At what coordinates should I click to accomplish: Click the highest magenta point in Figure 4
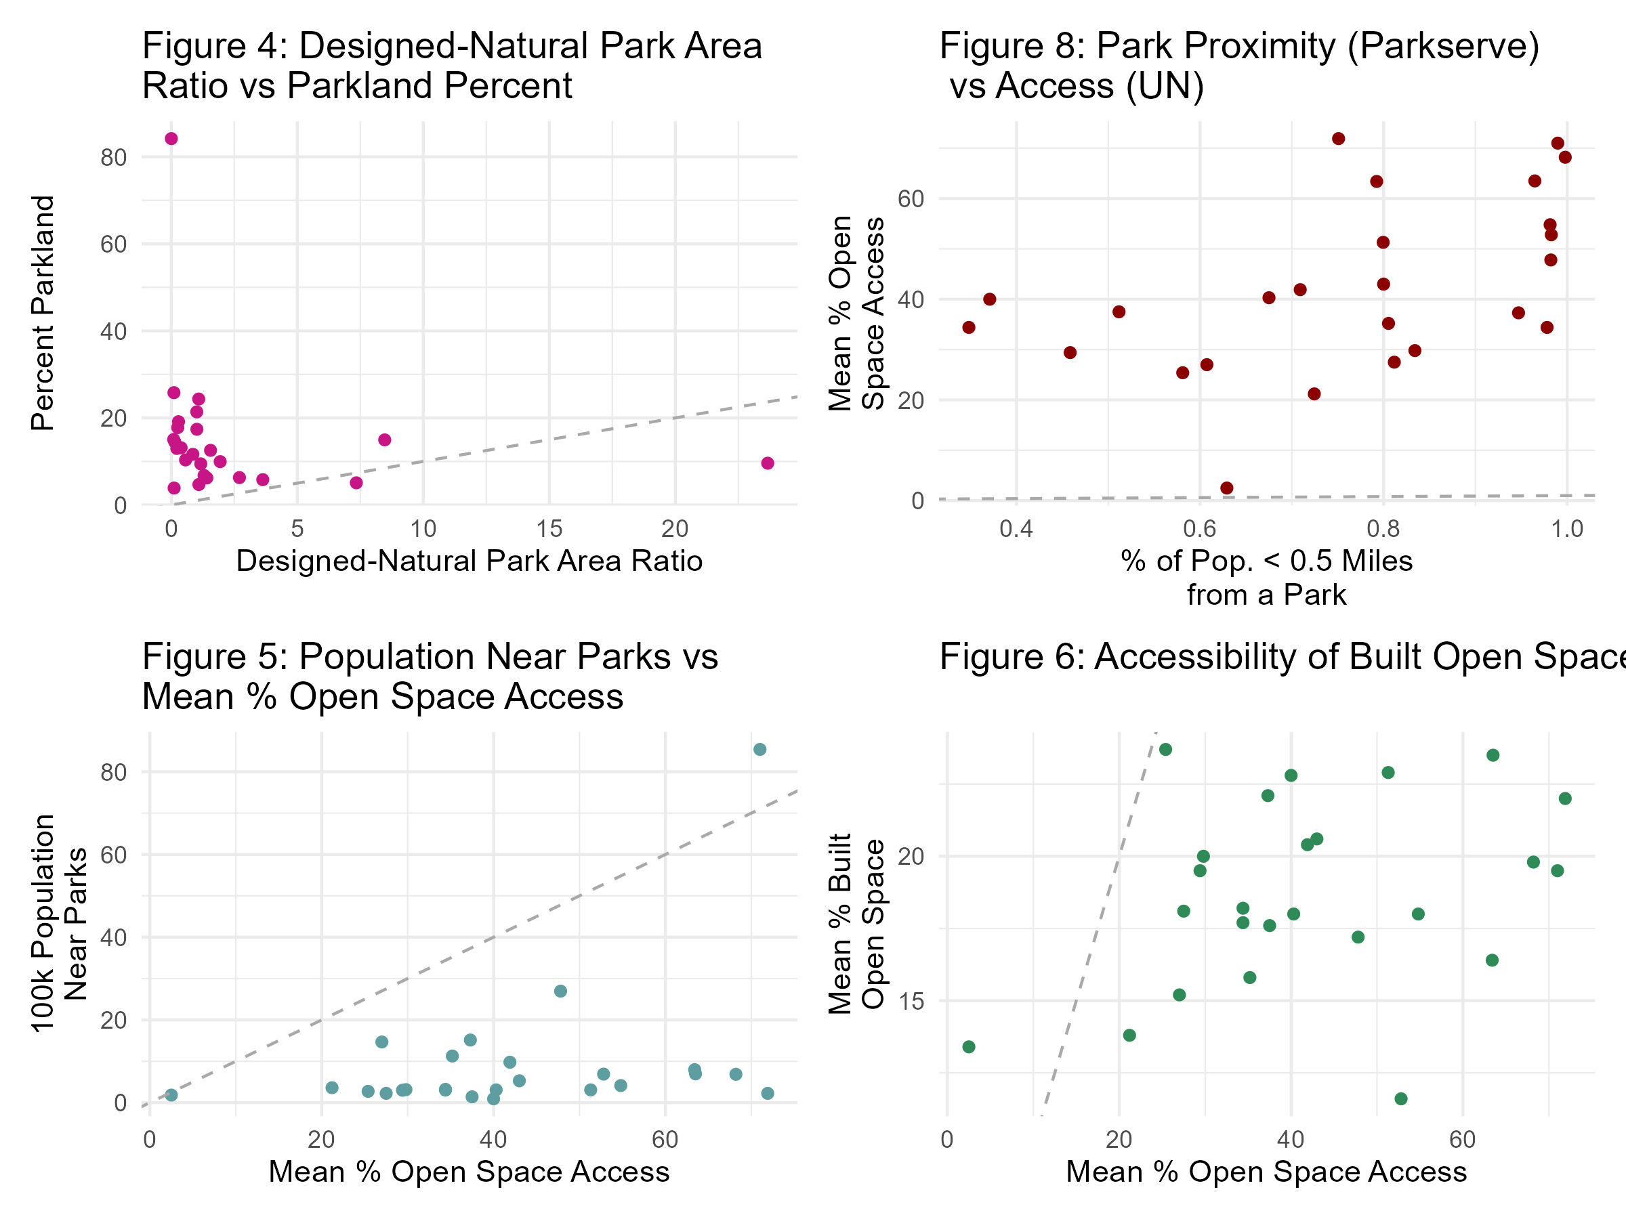(x=171, y=139)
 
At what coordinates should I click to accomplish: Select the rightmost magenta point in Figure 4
(x=768, y=463)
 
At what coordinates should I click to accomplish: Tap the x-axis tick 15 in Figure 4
(x=549, y=529)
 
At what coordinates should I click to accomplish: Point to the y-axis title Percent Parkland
(x=43, y=313)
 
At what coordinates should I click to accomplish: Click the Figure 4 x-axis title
(x=469, y=561)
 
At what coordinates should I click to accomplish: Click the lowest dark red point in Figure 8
(x=1227, y=488)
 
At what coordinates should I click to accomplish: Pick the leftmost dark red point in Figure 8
(x=969, y=327)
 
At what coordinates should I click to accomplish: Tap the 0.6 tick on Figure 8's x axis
(x=1200, y=529)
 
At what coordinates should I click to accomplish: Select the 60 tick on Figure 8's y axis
(x=911, y=199)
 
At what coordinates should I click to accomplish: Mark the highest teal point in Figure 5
(x=760, y=750)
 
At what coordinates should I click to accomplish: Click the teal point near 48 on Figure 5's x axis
(x=561, y=991)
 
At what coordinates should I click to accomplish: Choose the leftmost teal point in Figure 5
(x=171, y=1095)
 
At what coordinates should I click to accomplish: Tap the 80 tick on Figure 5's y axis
(x=114, y=772)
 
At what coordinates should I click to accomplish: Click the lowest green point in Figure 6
(x=1401, y=1098)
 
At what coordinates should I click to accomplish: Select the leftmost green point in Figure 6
(x=969, y=1046)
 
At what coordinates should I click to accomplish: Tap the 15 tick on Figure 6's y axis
(x=911, y=1001)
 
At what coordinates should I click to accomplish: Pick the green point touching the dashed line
(x=1165, y=750)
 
